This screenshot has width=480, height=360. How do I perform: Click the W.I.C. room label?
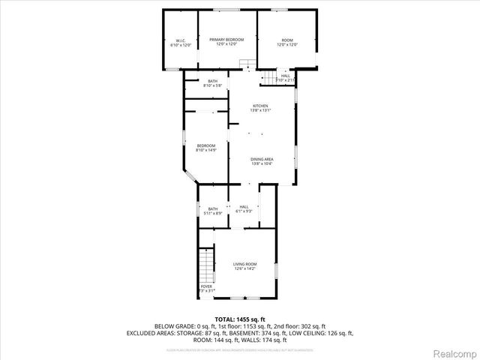coord(181,40)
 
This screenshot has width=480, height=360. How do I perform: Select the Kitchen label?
coord(260,106)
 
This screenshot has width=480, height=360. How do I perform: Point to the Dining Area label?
coord(261,160)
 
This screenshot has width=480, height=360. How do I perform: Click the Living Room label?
coord(244,264)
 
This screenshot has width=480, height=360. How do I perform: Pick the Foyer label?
coord(206,286)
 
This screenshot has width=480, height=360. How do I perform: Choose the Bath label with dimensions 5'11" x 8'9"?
coord(213,209)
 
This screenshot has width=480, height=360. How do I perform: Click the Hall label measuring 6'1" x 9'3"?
coord(244,207)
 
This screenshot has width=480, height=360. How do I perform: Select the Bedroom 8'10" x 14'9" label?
coord(205,145)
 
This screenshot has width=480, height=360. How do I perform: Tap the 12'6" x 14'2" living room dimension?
coord(244,268)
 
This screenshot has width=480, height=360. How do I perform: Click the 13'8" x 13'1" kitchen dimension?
coord(260,110)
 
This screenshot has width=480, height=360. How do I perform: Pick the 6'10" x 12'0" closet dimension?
coord(181,45)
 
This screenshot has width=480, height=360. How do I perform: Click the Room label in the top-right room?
coord(286,40)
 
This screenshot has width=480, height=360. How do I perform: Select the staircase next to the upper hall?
coord(267,79)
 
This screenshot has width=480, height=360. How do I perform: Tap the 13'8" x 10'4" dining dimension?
coord(261,164)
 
